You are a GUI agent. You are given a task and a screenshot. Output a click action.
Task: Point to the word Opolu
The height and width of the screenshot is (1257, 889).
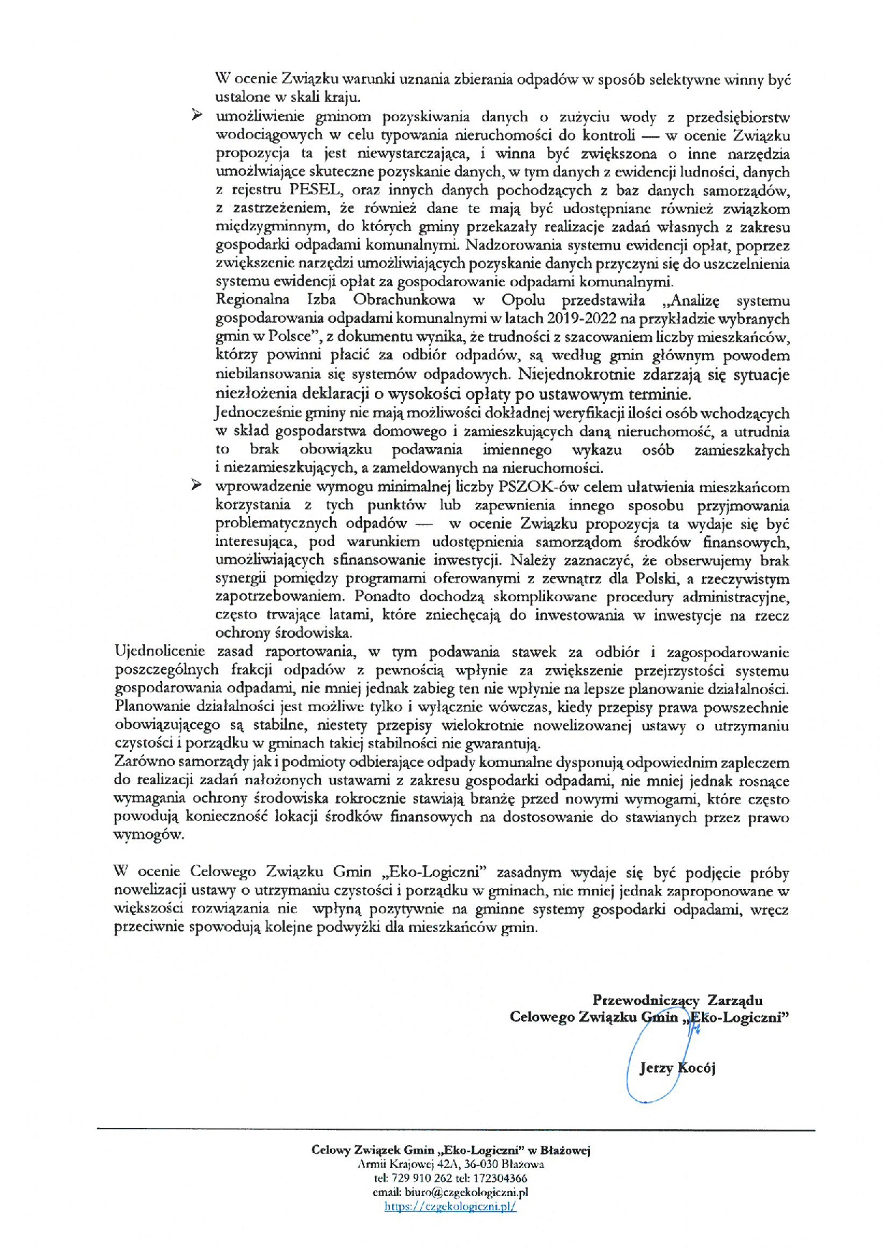(523, 301)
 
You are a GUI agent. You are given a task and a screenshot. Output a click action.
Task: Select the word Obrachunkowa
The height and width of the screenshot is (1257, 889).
(403, 301)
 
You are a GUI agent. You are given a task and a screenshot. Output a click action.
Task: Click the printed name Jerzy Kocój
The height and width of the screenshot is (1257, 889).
(677, 1068)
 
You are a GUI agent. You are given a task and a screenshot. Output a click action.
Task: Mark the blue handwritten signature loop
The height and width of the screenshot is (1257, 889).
(649, 1076)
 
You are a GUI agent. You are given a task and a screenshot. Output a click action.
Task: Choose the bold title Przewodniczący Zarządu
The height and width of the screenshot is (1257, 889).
(677, 1000)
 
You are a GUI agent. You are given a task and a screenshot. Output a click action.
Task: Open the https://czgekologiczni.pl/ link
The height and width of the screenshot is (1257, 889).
(450, 1207)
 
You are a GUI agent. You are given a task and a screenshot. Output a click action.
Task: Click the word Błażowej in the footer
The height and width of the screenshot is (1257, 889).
(565, 1151)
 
